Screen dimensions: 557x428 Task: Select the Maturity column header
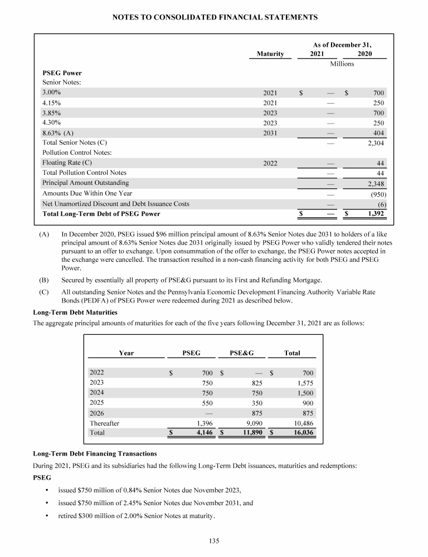point(270,54)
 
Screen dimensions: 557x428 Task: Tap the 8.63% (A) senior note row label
point(59,133)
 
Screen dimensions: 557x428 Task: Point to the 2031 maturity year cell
point(270,133)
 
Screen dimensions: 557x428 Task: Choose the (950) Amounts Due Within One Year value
point(378,194)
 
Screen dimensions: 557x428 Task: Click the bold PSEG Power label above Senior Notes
point(62,72)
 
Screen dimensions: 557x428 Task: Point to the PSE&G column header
point(242,353)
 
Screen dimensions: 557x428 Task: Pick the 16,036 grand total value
point(301,433)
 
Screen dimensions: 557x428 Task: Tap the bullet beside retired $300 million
point(47,516)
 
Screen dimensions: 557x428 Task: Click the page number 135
point(214,540)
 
